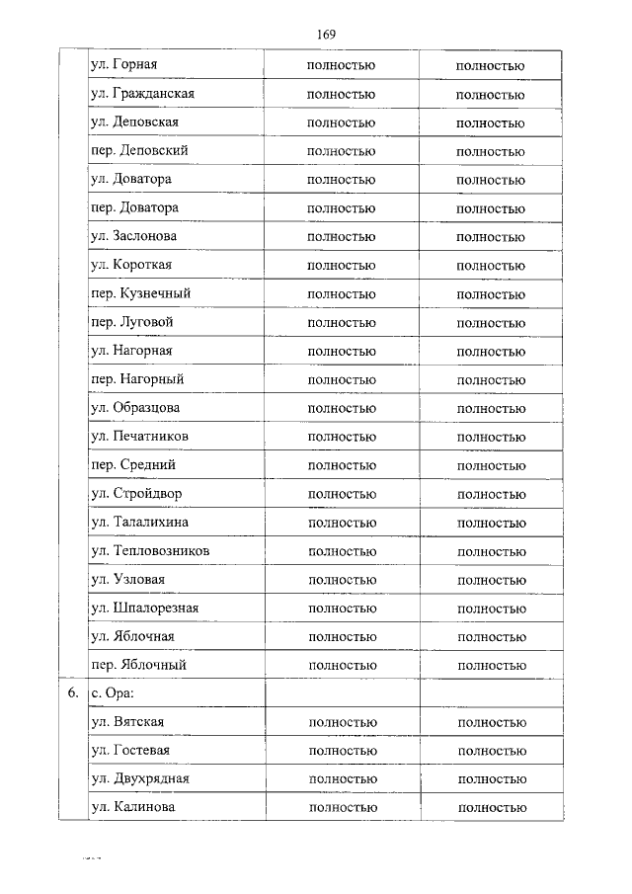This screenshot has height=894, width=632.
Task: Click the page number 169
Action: point(327,35)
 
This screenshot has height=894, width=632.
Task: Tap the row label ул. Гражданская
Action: point(142,94)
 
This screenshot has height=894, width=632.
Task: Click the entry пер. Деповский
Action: point(139,151)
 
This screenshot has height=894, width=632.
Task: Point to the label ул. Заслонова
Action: point(133,236)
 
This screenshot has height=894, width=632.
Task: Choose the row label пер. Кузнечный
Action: point(140,293)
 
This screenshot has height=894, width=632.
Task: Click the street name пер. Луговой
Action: point(132,322)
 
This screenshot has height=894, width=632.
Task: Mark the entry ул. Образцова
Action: point(135,407)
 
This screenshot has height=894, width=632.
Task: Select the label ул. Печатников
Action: point(139,436)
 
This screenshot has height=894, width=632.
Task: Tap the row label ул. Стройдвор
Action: point(136,493)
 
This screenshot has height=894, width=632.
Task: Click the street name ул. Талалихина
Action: point(139,522)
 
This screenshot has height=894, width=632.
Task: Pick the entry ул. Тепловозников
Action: point(149,550)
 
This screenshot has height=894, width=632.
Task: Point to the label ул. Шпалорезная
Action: point(144,608)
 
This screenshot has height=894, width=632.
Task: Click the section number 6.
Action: point(73,693)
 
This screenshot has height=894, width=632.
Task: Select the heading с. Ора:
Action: point(111,693)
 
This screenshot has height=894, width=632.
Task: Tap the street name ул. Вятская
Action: point(127,722)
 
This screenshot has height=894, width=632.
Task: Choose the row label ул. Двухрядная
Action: point(140,779)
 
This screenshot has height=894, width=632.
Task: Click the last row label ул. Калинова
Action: point(133,808)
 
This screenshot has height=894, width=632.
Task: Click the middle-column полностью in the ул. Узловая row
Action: point(343,580)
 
